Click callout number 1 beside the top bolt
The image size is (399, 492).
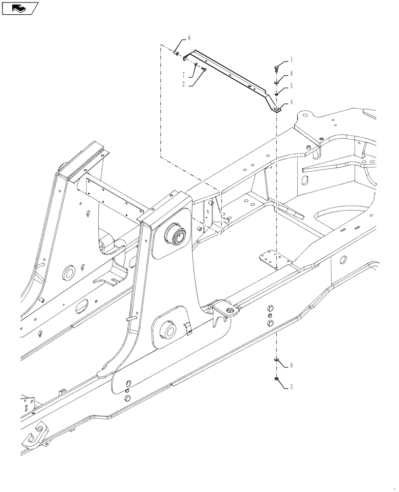pyautogui.click(x=291, y=60)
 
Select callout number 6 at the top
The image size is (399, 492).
pyautogui.click(x=189, y=38)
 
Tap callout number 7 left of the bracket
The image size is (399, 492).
pyautogui.click(x=183, y=75)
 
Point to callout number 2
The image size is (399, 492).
pyautogui.click(x=183, y=84)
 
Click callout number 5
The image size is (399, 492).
pyautogui.click(x=291, y=86)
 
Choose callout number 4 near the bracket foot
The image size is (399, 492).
pyautogui.click(x=291, y=102)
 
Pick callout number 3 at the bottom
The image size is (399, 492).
pyautogui.click(x=291, y=387)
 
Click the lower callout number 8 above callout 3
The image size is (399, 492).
pyautogui.click(x=291, y=366)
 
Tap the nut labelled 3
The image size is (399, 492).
pyautogui.click(x=277, y=379)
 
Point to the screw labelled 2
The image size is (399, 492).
pyautogui.click(x=203, y=69)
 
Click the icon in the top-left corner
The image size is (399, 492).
pyautogui.click(x=20, y=8)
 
